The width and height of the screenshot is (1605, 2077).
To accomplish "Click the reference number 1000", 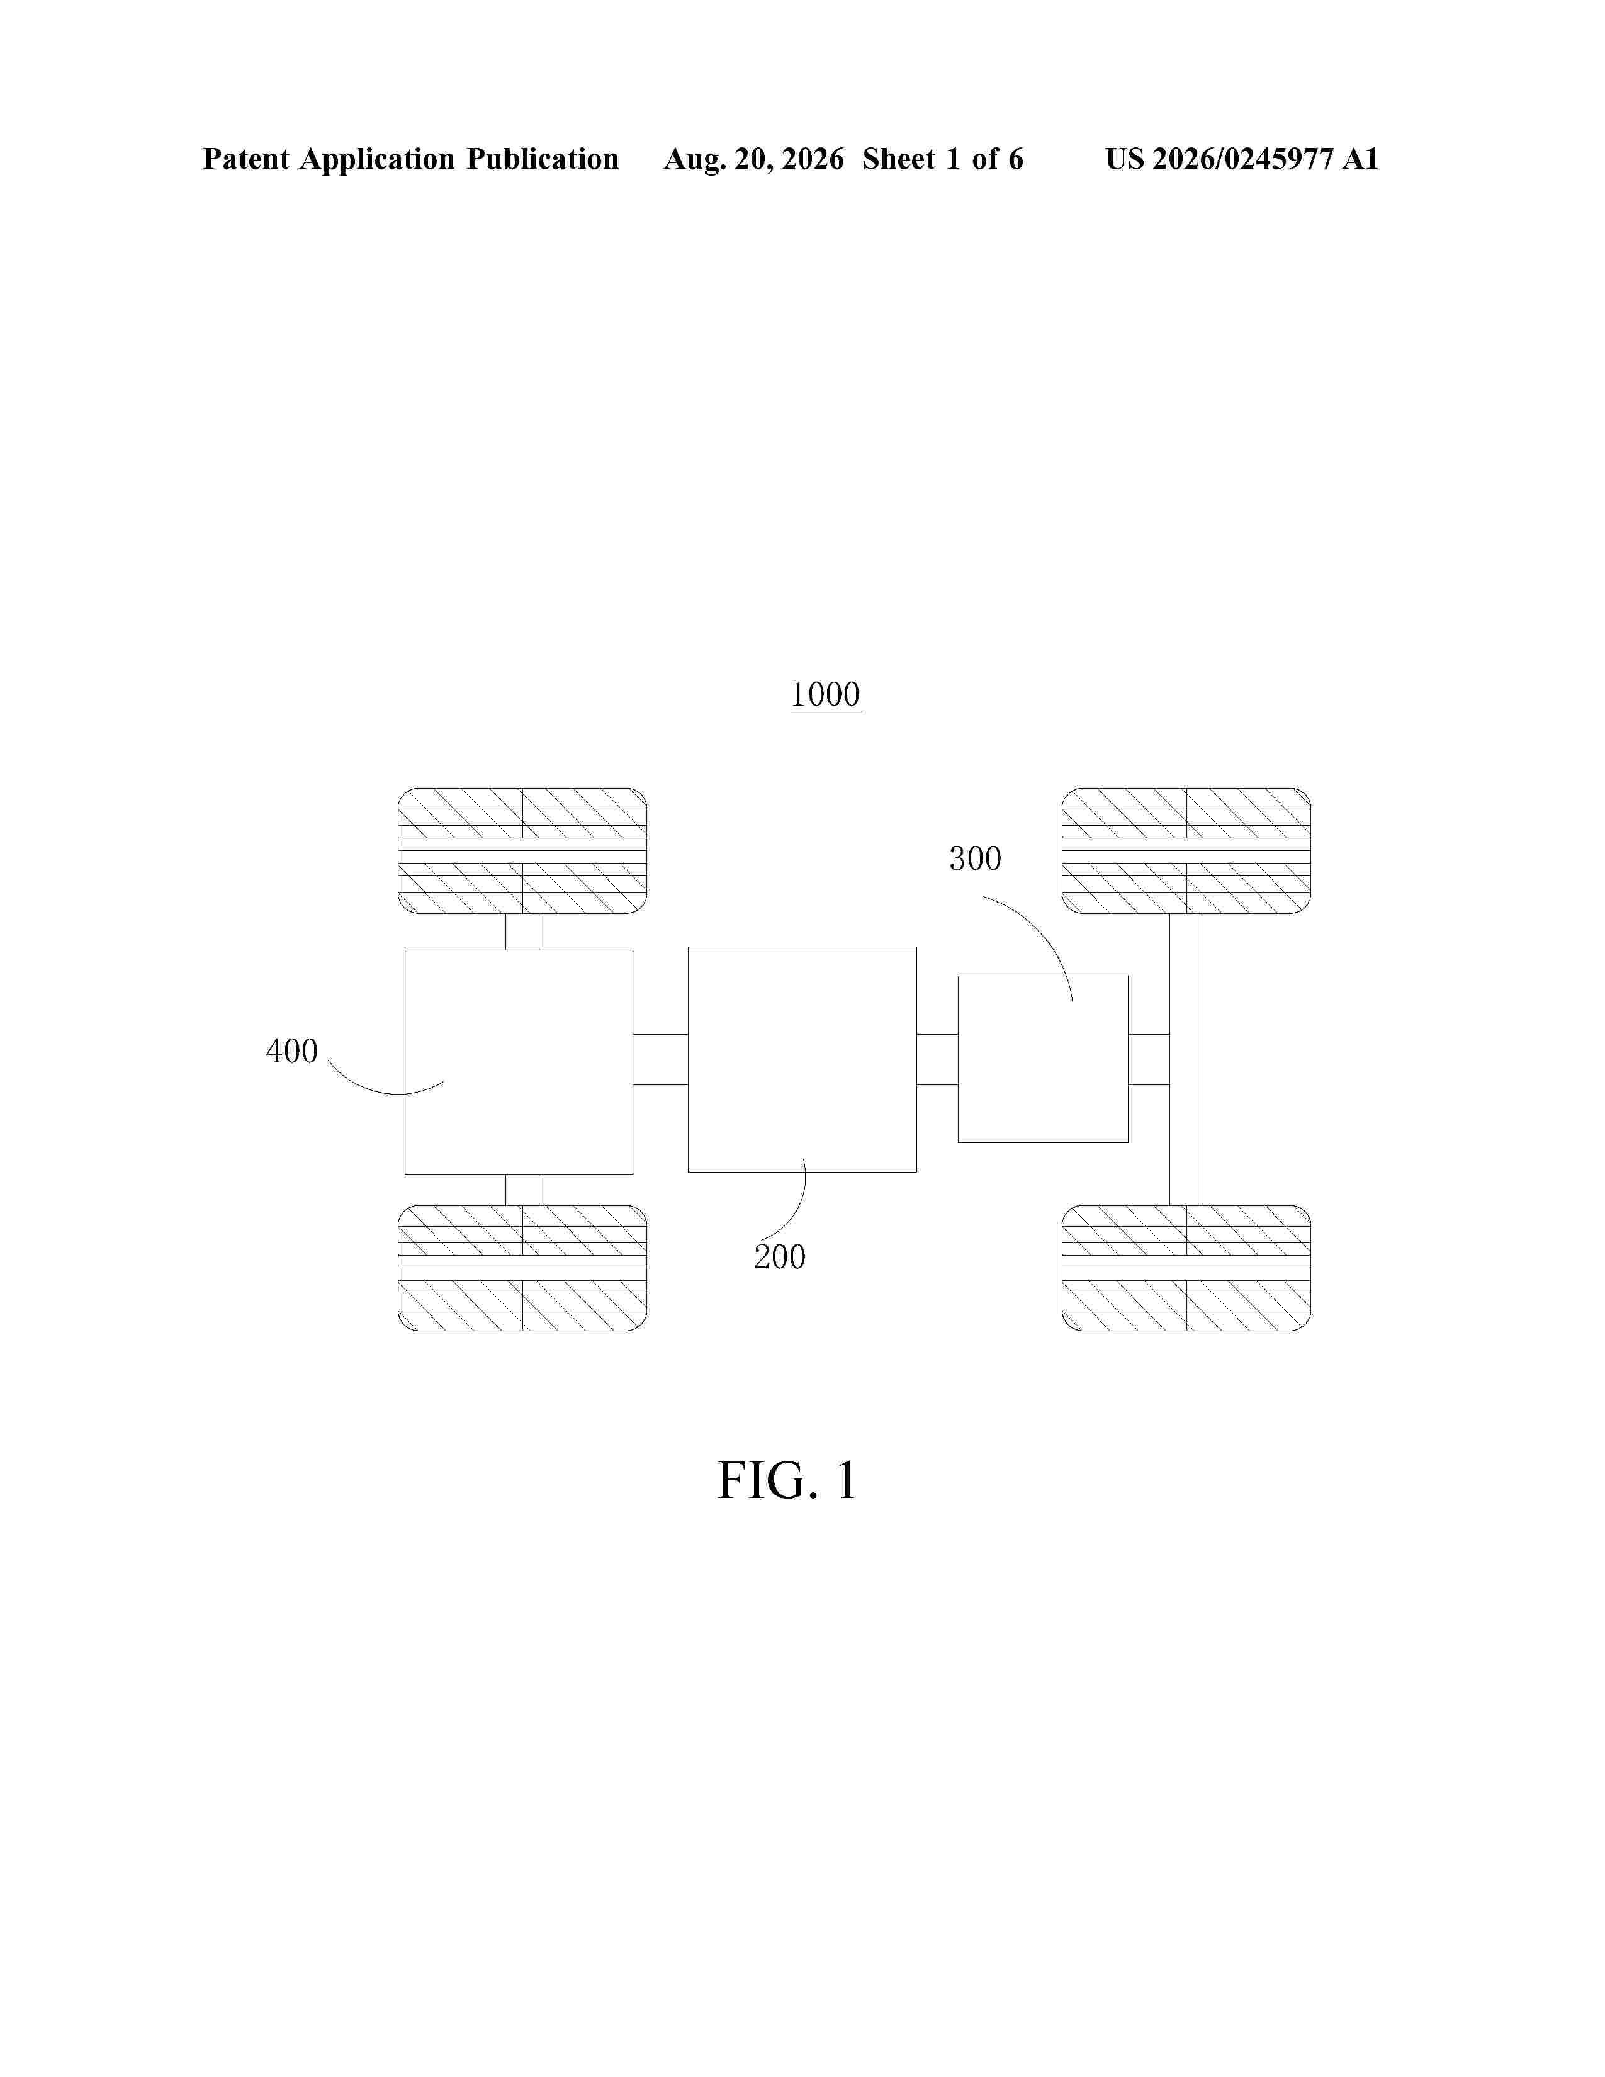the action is point(825,694).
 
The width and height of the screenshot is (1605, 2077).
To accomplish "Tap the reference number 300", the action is point(974,858).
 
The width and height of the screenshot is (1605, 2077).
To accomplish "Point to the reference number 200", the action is point(780,1258).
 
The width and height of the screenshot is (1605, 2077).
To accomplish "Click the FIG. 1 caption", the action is point(787,1481).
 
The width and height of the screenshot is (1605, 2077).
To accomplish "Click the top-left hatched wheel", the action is point(522,850).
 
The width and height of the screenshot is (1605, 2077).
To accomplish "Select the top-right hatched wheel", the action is point(1186,850).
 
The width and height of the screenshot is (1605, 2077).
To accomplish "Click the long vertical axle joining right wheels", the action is point(1186,1059).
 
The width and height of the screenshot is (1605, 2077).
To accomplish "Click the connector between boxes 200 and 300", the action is point(938,1059).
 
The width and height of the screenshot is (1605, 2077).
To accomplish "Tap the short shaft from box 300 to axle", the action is point(1149,1059).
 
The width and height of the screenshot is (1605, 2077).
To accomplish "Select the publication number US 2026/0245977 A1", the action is point(1242,159).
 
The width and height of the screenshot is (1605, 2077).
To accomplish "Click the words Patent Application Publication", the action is point(411,159).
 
